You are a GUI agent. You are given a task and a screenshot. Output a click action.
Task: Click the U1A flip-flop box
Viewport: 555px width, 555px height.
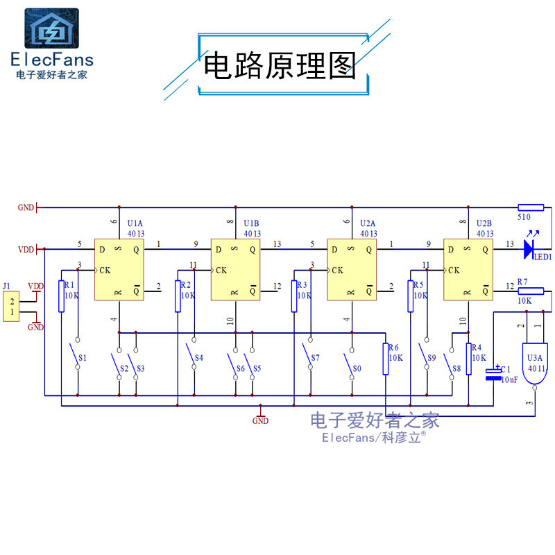coord(119,271)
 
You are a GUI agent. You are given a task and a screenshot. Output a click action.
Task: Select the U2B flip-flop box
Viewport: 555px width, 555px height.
coord(468,271)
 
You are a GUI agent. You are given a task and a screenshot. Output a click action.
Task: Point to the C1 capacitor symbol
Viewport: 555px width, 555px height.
coord(493,373)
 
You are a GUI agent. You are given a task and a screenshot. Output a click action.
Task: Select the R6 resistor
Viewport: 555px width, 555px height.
coord(386,359)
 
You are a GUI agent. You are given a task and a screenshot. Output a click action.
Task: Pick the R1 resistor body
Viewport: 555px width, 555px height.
coord(62,297)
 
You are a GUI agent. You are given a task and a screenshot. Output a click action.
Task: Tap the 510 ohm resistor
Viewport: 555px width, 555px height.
coord(531,207)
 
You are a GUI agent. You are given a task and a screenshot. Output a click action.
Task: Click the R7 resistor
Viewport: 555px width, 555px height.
coord(531,291)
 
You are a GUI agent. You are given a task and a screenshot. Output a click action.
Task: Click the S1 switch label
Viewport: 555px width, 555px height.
coord(83,358)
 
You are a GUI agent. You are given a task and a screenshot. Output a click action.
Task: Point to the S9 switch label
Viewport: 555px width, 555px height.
coord(432,358)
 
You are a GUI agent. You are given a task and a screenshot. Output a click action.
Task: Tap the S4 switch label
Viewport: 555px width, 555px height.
coord(199,358)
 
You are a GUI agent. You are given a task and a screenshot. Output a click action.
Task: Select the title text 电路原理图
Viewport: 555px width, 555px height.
coord(279,67)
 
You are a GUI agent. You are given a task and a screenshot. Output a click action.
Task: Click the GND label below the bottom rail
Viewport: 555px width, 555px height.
coord(260,420)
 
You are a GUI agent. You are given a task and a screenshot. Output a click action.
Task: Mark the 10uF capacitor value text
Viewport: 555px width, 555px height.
coord(509,380)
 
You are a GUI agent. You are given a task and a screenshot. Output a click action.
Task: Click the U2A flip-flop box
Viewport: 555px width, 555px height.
coord(351,271)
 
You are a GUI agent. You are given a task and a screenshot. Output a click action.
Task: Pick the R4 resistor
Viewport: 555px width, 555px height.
coord(469,359)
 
